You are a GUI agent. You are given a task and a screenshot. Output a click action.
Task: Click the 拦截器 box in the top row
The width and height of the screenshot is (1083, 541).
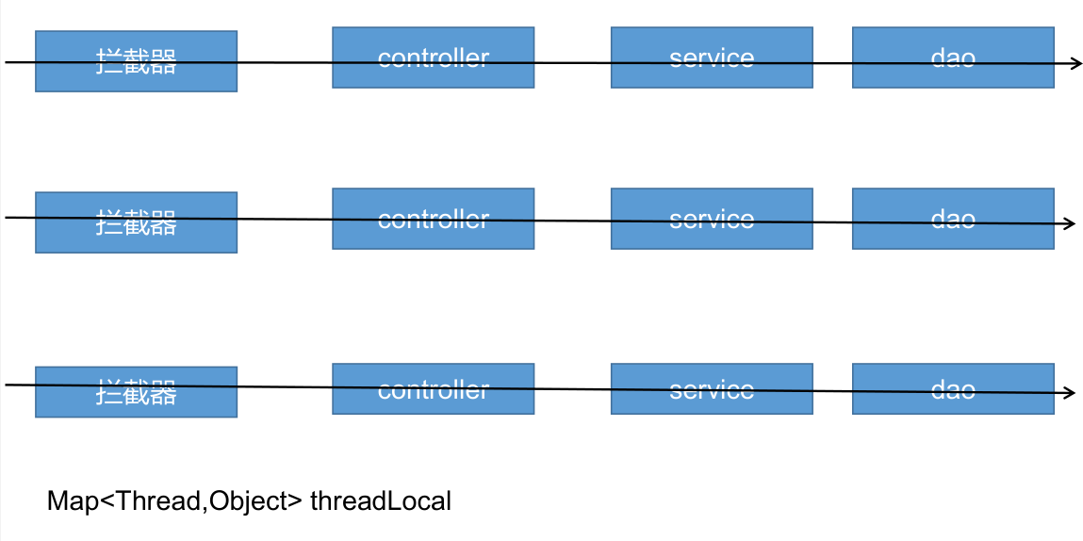[x=136, y=61]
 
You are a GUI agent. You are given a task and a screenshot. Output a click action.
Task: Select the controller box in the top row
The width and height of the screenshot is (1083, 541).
[x=433, y=57]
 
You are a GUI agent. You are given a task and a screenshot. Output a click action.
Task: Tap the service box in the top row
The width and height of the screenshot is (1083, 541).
[x=712, y=57]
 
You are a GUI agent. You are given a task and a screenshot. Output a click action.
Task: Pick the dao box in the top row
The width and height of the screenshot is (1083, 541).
[x=953, y=57]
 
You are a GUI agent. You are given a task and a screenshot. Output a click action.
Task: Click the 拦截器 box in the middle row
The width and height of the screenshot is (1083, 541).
[x=136, y=222]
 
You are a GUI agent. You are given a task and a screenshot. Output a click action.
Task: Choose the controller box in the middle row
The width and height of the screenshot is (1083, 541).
[x=433, y=219]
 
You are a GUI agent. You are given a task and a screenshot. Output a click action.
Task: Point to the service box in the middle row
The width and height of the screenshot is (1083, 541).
[x=712, y=219]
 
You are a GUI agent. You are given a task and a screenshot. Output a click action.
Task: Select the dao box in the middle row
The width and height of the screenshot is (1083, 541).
[x=953, y=219]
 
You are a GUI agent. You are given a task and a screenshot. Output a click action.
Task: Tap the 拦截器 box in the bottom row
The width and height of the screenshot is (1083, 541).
[x=136, y=392]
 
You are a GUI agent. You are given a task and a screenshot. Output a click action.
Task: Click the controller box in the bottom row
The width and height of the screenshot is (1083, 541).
[x=433, y=389]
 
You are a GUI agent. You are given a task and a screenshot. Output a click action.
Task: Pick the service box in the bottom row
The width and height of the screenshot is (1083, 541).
[x=712, y=389]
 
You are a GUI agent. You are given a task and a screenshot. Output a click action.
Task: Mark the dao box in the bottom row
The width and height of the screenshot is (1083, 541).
[x=953, y=389]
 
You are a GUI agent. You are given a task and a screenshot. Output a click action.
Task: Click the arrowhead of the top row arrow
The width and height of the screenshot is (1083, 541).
[x=1076, y=63]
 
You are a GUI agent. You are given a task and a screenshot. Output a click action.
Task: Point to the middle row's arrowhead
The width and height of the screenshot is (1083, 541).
[x=1070, y=223]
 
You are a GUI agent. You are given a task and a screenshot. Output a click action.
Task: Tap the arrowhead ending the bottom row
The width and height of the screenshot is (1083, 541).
[x=1070, y=393]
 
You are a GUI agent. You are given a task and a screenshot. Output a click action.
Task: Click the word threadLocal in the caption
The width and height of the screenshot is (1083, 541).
[x=381, y=501]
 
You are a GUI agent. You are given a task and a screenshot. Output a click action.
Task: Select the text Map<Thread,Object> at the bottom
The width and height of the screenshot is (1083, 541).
[x=175, y=501]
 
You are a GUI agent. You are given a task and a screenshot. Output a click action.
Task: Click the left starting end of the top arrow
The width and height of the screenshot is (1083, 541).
[x=8, y=62]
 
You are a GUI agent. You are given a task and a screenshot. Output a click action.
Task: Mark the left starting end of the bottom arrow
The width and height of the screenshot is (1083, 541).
[x=8, y=385]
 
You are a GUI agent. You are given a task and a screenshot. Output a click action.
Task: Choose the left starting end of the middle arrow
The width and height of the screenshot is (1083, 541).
[x=8, y=218]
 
